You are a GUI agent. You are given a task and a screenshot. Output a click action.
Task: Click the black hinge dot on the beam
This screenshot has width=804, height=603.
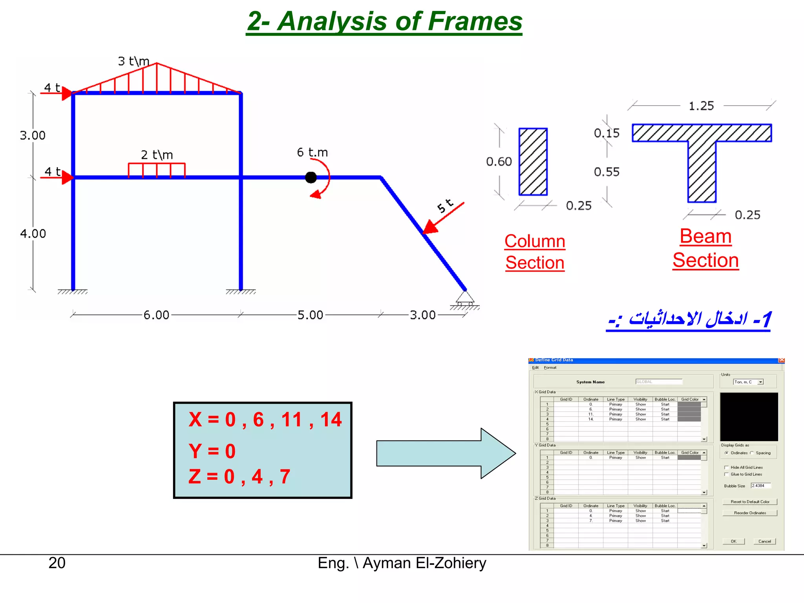click(x=311, y=177)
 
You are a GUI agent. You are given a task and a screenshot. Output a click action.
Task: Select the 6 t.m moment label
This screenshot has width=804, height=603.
click(x=312, y=152)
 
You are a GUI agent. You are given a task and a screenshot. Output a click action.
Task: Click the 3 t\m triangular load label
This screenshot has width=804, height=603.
click(x=133, y=61)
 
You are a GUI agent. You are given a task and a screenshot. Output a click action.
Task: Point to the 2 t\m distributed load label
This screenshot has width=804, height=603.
click(x=157, y=155)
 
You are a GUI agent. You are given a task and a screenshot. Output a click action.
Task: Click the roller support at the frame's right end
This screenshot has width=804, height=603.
click(x=465, y=299)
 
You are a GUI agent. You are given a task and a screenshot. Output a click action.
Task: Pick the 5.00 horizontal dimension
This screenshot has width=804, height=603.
click(x=310, y=315)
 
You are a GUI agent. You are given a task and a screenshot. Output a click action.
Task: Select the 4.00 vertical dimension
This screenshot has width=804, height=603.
click(x=33, y=234)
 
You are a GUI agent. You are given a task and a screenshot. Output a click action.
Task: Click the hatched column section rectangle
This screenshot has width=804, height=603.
click(x=533, y=162)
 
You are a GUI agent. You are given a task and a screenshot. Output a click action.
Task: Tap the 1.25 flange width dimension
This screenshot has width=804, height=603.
click(x=701, y=106)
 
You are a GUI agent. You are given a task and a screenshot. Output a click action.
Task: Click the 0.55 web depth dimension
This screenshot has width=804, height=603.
click(x=607, y=172)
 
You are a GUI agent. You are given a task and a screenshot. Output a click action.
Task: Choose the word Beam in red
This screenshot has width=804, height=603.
click(x=705, y=236)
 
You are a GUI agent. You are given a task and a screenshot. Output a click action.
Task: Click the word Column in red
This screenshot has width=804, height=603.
click(x=535, y=241)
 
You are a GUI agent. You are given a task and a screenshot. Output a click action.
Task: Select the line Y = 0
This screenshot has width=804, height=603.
click(x=212, y=451)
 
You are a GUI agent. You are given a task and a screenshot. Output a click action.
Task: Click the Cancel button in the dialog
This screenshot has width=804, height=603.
click(x=764, y=541)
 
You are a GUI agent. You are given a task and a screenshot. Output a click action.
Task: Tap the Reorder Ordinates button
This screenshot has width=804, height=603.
click(x=750, y=513)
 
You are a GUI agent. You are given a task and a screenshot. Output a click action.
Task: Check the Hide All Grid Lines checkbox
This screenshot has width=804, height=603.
click(x=726, y=467)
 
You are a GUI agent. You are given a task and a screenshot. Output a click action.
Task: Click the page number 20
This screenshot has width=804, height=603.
click(x=57, y=563)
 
